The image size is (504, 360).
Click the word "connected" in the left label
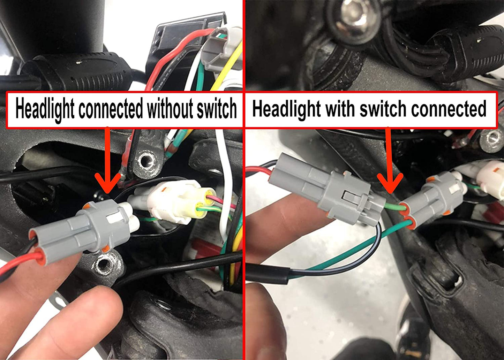pyautogui.click(x=111, y=109)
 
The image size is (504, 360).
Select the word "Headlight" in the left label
pyautogui.click(x=45, y=109)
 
